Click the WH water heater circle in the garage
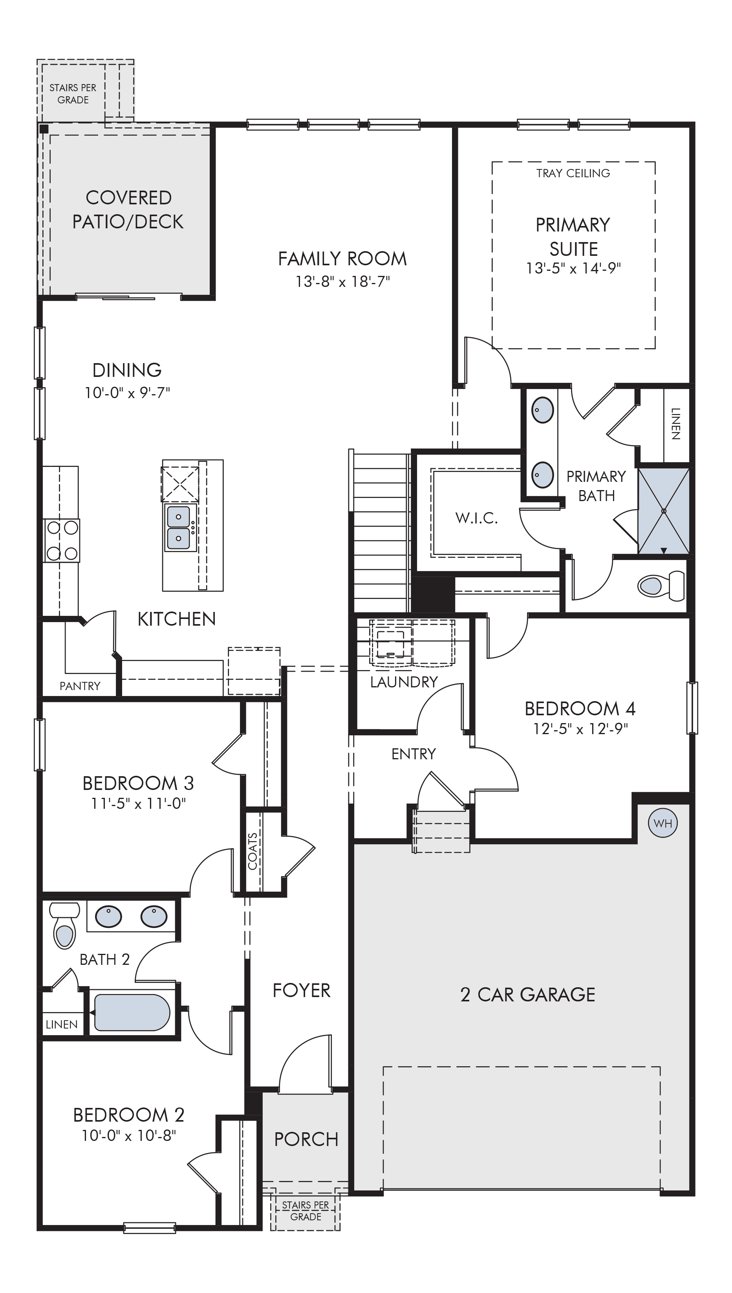click(x=662, y=823)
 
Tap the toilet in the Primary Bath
click(x=661, y=585)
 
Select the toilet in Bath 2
click(x=64, y=925)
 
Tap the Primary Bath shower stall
click(x=663, y=511)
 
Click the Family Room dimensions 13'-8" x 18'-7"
click(x=342, y=281)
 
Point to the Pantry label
click(x=80, y=686)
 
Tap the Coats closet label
click(x=253, y=851)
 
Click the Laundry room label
click(x=404, y=682)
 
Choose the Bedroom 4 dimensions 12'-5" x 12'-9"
click(x=581, y=729)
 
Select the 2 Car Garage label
click(x=527, y=995)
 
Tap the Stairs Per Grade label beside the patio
click(x=73, y=94)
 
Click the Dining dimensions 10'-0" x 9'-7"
click(x=127, y=393)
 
